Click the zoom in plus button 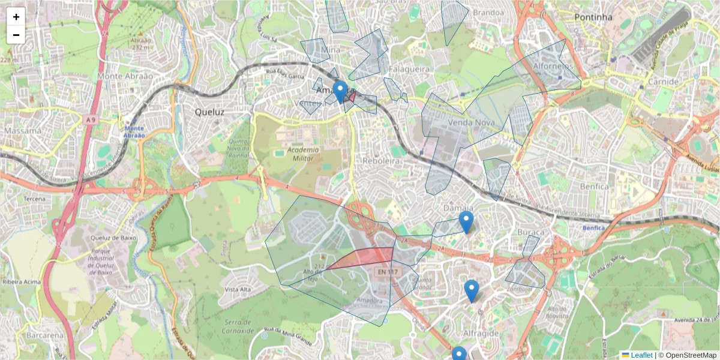(x=16, y=17)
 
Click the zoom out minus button (x=16, y=35)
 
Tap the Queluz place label (x=209, y=112)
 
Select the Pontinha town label (x=593, y=17)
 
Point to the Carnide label (x=663, y=82)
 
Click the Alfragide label (x=482, y=333)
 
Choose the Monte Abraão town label (x=125, y=76)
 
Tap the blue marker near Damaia (x=466, y=222)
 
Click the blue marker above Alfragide (x=472, y=290)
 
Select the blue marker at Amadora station (x=340, y=92)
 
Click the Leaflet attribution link (x=641, y=355)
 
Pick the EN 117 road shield (x=388, y=272)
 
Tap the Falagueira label (x=409, y=69)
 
